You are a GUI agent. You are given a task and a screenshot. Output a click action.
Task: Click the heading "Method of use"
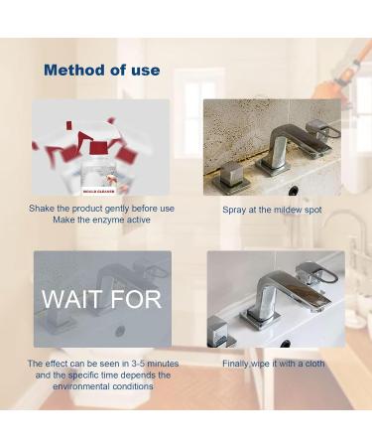tap(101, 71)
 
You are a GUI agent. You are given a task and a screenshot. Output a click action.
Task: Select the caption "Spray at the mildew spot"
tap(273, 210)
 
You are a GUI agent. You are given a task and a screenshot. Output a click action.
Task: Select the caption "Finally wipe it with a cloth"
tap(273, 364)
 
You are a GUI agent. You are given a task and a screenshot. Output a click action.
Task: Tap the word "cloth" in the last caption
tap(312, 364)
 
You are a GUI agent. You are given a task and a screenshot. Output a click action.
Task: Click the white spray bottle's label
tap(100, 183)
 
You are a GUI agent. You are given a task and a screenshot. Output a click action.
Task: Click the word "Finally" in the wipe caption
tap(238, 364)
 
